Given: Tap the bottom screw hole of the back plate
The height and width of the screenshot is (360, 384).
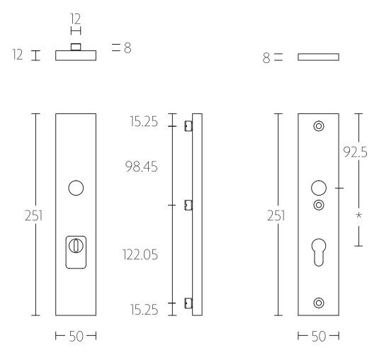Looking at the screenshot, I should point(318,303).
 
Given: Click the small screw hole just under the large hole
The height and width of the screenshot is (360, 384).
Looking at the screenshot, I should point(318,206).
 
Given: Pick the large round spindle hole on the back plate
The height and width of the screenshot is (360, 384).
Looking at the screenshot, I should point(318,189).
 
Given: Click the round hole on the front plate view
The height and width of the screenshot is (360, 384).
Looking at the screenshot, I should point(76,189).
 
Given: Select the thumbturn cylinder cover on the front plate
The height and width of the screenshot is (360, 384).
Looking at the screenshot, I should point(76,250).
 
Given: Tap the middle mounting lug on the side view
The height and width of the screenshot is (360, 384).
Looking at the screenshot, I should point(188,206).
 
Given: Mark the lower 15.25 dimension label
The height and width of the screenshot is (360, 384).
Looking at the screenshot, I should point(144,309).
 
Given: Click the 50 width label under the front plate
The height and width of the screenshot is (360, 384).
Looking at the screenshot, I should point(76,336).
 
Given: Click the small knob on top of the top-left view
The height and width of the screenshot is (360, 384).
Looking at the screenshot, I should point(76,47).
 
